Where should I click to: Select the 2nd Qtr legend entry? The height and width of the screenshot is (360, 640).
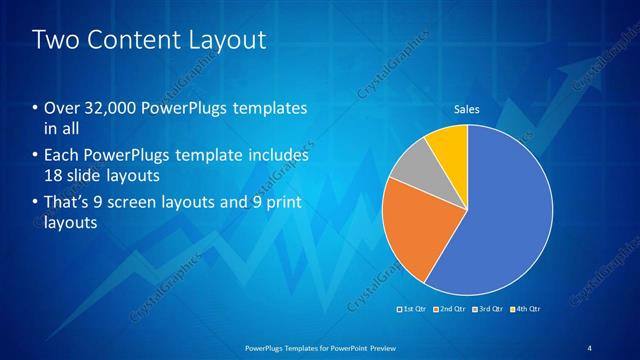[x=451, y=308]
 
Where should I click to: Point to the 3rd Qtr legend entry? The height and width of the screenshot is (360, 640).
[x=489, y=308]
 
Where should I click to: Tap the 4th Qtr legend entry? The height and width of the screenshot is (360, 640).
[x=527, y=308]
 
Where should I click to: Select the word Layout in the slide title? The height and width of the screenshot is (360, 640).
[x=230, y=41]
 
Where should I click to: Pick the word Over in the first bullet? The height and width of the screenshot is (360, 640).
[x=61, y=108]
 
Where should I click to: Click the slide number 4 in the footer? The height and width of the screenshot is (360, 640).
[x=590, y=347]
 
